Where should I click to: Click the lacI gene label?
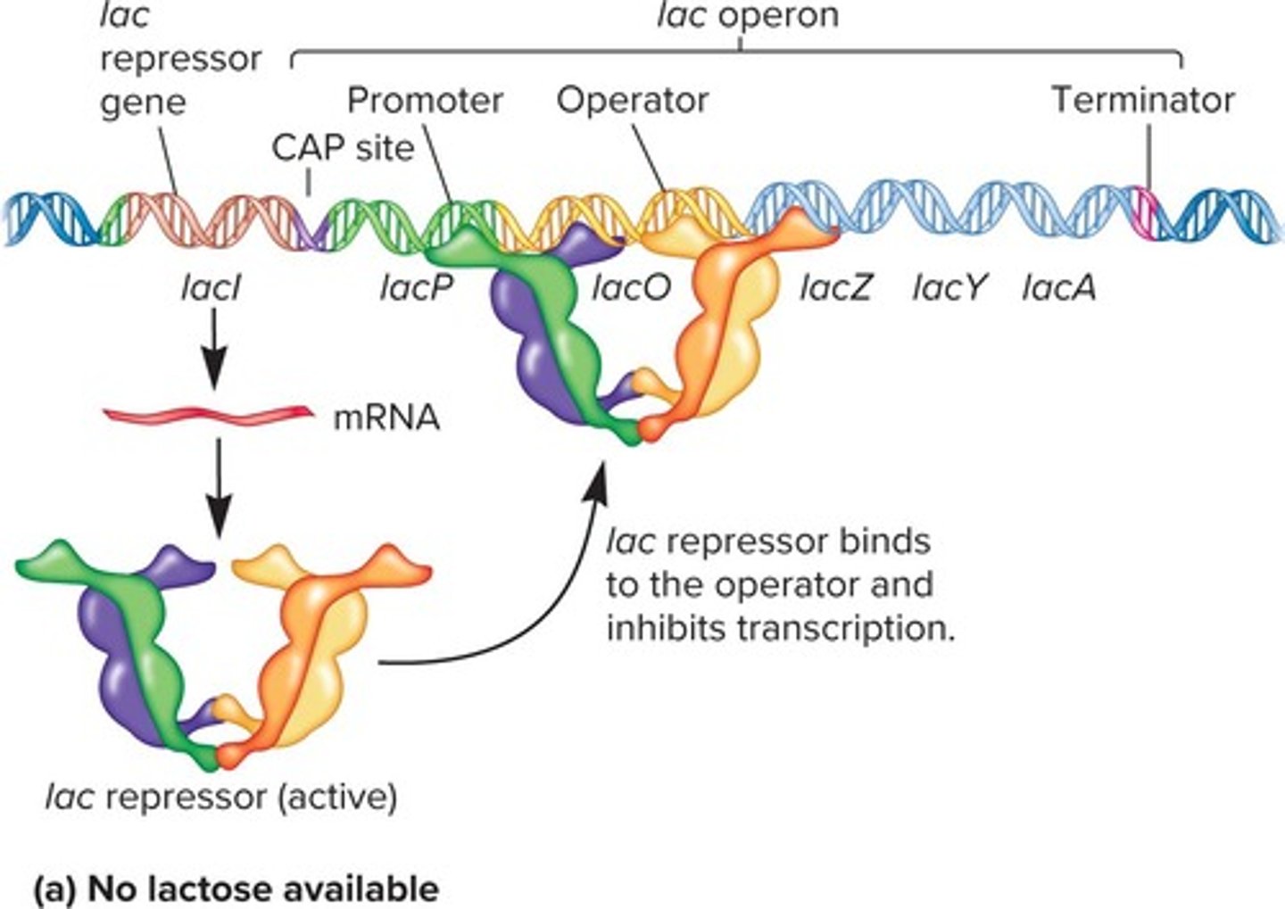point(211,288)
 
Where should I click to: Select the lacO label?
point(631,288)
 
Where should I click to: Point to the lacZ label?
point(835,288)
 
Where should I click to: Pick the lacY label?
point(949,288)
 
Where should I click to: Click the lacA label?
point(1059,288)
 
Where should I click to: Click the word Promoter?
point(425,100)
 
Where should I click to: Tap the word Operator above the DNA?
point(633,100)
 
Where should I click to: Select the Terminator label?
point(1142,100)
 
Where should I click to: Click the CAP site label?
point(344,147)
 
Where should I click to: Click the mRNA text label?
point(386,417)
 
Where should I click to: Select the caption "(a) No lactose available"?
point(236,888)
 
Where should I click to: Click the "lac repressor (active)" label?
point(221,797)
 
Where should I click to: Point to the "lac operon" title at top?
point(748,15)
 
